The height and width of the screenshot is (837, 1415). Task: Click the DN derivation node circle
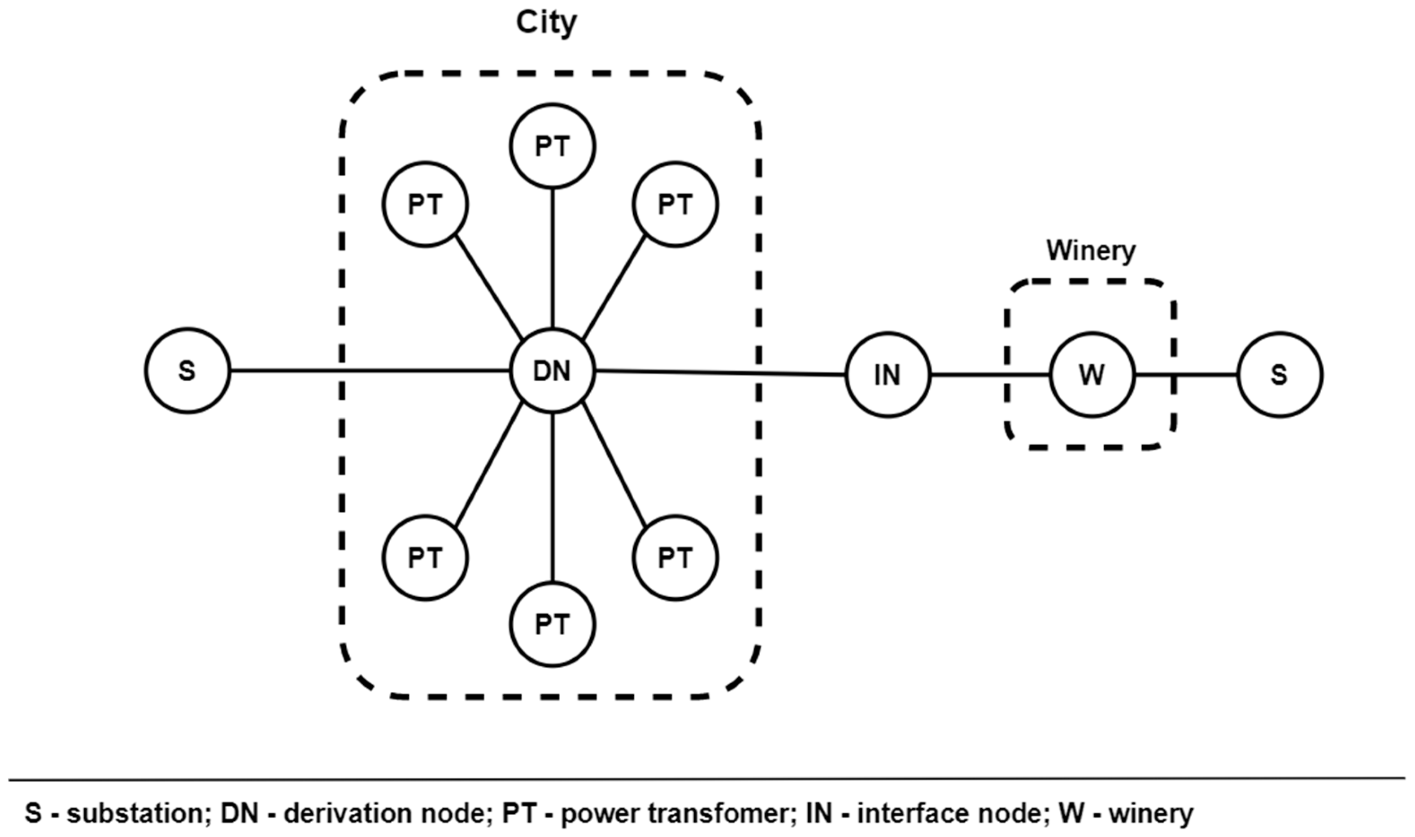pyautogui.click(x=552, y=371)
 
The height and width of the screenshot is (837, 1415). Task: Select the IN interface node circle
pyautogui.click(x=887, y=375)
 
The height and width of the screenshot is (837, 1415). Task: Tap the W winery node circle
pyautogui.click(x=1092, y=375)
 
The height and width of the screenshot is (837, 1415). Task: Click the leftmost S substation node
pyautogui.click(x=187, y=371)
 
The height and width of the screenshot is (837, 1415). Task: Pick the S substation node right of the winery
pyautogui.click(x=1280, y=375)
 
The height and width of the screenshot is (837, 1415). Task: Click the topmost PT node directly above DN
pyautogui.click(x=552, y=146)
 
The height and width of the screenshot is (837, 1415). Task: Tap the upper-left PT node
pyautogui.click(x=425, y=204)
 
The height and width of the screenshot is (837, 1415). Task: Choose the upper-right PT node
pyautogui.click(x=675, y=204)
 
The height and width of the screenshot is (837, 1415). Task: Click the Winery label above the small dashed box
pyautogui.click(x=1090, y=250)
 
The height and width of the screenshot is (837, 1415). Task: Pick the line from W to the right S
pyautogui.click(x=1185, y=375)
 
